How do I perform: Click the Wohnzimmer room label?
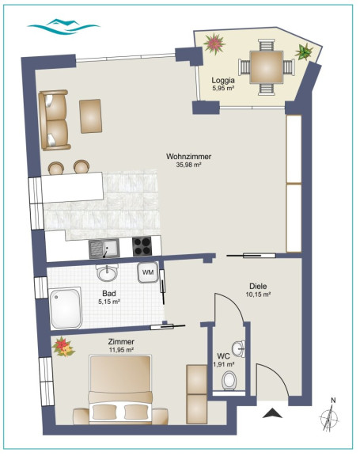(188, 157)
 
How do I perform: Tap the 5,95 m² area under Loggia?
(223, 88)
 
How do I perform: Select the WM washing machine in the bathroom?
(148, 272)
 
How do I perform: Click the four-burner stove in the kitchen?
(142, 246)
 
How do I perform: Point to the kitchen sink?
(104, 249)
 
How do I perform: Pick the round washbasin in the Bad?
(108, 272)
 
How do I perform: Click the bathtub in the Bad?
(66, 308)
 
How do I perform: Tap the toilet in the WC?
(229, 380)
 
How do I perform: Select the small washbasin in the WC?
(239, 348)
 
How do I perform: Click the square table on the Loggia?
(266, 66)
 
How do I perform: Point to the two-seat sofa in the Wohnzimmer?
(55, 120)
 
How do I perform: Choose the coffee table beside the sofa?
(91, 116)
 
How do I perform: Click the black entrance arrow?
(272, 413)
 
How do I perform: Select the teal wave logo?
(63, 26)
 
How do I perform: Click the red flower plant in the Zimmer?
(63, 347)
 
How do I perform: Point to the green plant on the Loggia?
(304, 52)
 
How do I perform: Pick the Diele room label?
(258, 286)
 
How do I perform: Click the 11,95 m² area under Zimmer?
(121, 350)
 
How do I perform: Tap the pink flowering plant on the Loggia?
(214, 44)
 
